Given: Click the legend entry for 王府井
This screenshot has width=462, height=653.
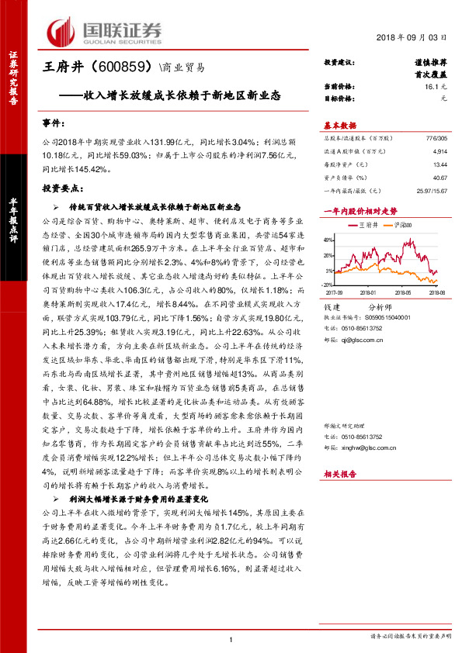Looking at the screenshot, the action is pos(363,224).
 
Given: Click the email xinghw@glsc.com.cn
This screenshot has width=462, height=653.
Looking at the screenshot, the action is pos(373,446).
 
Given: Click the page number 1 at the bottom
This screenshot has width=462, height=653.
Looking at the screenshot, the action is pos(231,640).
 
